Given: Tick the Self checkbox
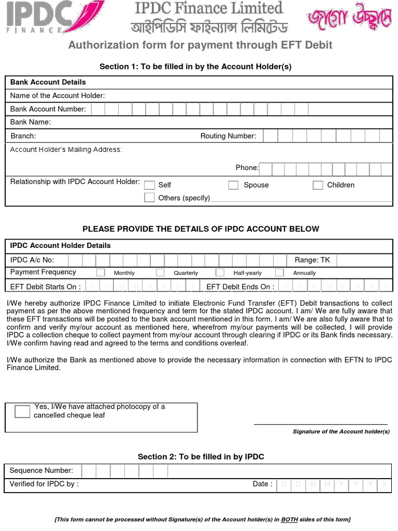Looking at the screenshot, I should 150,185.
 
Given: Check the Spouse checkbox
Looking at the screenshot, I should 234,185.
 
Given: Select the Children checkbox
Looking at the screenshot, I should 318,185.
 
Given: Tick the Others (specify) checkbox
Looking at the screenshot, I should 150,198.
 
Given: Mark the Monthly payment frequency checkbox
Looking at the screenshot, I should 101,272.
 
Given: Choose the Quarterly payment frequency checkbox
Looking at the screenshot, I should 160,272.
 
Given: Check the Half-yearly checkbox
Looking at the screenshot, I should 220,272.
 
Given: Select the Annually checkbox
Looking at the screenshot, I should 279,272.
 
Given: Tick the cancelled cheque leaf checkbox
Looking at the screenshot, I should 22,412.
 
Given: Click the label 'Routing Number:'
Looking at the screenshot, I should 228,136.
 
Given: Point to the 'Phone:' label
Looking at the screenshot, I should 247,167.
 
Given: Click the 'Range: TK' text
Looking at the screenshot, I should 312,260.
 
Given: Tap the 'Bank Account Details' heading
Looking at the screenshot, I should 48,82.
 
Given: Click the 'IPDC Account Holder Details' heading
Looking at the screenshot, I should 61,245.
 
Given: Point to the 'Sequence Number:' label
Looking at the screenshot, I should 41,470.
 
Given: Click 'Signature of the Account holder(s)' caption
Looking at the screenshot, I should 341,431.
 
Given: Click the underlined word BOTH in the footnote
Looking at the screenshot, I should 289,520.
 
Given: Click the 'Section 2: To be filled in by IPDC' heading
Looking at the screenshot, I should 201,457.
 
